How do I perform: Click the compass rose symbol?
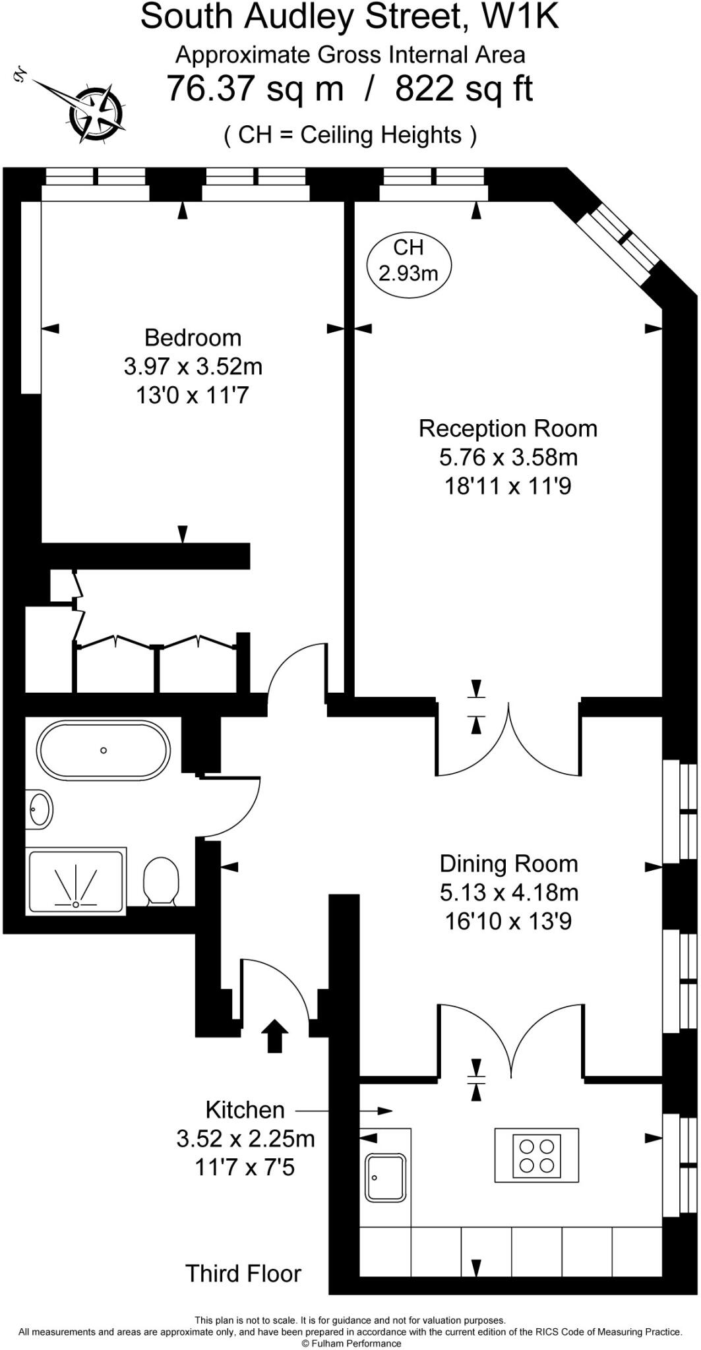pos(98,113)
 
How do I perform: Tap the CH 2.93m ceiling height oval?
pos(408,260)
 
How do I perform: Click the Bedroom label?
pos(193,337)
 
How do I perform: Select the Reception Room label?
pos(508,428)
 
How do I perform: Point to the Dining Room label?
pos(508,864)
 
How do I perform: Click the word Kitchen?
pos(245,1110)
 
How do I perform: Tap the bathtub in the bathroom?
pos(104,750)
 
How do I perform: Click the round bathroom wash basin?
pos(40,809)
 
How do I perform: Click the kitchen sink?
pos(386,1178)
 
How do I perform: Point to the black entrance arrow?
pos(274,1037)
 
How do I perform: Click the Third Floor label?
pos(243,1274)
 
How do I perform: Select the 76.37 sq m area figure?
pos(255,88)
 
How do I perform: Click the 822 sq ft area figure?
pos(464,88)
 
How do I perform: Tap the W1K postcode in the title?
pos(520,16)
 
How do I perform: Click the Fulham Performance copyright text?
pos(351,1343)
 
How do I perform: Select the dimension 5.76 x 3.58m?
pos(508,457)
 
